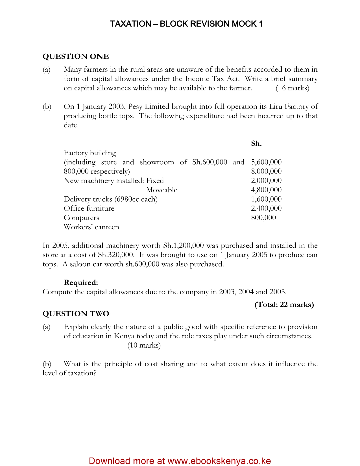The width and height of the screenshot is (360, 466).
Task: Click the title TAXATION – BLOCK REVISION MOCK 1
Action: (186, 24)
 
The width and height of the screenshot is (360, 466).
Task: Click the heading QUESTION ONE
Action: (76, 56)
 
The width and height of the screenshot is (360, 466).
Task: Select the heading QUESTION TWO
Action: (76, 314)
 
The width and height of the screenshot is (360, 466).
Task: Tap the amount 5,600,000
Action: (266, 162)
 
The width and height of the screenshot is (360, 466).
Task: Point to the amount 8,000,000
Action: (266, 171)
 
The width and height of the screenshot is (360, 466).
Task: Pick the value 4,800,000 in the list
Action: (266, 190)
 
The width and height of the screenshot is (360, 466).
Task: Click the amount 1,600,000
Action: (266, 199)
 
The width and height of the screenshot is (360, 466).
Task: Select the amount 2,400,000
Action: (266, 208)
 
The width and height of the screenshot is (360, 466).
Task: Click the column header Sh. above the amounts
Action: (256, 143)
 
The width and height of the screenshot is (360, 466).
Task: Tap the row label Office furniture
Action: (89, 208)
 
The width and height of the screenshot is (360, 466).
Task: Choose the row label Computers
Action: (81, 218)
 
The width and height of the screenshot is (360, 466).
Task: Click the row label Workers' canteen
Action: (91, 227)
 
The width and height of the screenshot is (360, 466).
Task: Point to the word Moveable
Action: (162, 190)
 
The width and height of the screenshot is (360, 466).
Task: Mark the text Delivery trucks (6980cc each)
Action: (110, 199)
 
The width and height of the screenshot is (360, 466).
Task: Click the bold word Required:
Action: (81, 282)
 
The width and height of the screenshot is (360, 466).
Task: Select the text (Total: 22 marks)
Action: (284, 304)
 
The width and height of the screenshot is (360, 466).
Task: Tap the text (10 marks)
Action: (144, 345)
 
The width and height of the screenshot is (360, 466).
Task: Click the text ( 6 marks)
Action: (292, 88)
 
